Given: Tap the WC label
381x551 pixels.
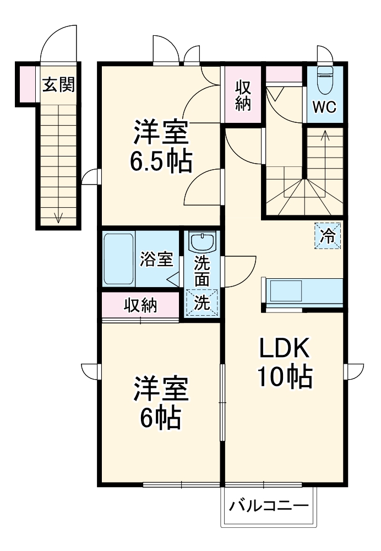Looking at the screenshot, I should (325, 106).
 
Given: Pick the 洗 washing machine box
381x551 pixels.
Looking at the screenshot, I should (202, 302).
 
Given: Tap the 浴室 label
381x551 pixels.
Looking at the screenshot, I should (157, 259).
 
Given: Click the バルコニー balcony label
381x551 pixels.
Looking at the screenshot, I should (269, 505).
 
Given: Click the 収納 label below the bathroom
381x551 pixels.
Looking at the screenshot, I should (140, 305).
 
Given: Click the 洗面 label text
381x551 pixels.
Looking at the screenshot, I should (202, 271).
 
